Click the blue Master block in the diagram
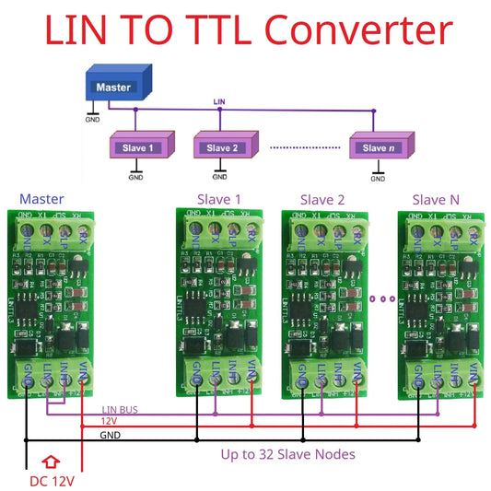tap(114, 88)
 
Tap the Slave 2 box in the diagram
tap(224, 147)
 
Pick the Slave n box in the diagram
tap(378, 147)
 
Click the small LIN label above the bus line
tap(219, 100)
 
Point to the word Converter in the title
tap(356, 32)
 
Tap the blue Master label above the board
tap(41, 198)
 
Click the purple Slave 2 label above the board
tap(322, 198)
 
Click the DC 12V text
tap(52, 480)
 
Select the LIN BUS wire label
tap(120, 410)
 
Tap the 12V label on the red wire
tap(109, 422)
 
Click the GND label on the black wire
tap(110, 435)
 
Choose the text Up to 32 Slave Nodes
tap(287, 454)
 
